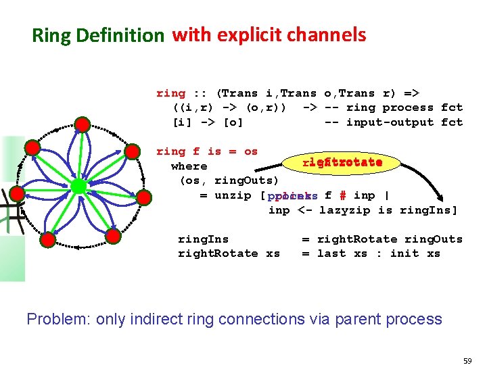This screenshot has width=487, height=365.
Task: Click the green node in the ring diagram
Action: pos(79,185)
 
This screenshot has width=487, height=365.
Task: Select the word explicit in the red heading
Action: pos(252,35)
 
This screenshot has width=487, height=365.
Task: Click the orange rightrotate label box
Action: pos(342,162)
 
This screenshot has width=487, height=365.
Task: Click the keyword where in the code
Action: pos(189,166)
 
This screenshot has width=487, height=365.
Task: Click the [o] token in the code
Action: pos(233,122)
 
